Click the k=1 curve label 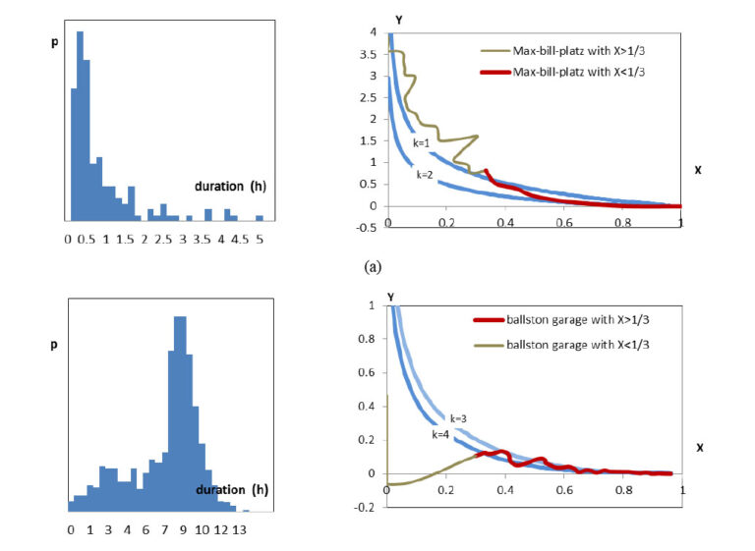(x=422, y=143)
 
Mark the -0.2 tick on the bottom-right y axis (x=367, y=507)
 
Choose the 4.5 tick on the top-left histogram (x=240, y=239)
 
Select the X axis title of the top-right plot (x=697, y=170)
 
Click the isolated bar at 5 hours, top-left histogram (x=260, y=217)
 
